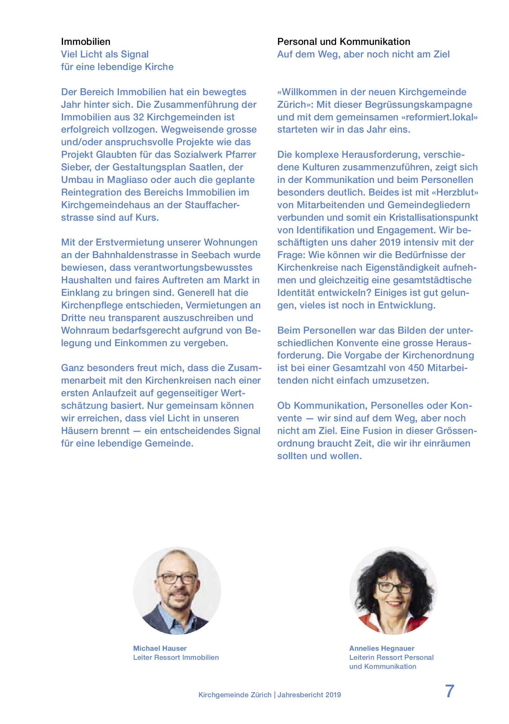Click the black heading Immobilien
click(86, 42)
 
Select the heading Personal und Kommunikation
click(344, 42)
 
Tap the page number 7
click(450, 691)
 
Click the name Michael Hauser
click(160, 648)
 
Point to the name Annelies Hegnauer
click(382, 648)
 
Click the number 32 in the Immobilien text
click(139, 117)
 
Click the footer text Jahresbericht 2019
click(309, 695)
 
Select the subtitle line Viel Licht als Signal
click(105, 54)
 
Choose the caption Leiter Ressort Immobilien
click(176, 657)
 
